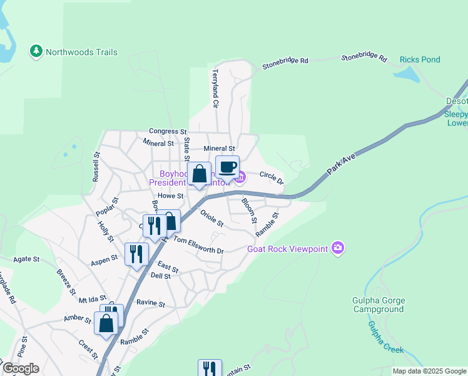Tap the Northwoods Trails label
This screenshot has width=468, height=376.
tap(82, 53)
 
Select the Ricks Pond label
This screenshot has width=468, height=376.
tap(420, 60)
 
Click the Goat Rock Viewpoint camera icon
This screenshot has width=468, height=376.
tap(338, 248)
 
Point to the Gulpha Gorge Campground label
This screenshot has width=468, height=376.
tap(379, 305)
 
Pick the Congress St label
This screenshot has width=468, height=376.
tap(168, 132)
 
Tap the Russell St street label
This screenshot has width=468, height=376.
tap(96, 167)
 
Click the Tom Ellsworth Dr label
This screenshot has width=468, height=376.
tap(198, 245)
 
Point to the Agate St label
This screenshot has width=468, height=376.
tap(27, 258)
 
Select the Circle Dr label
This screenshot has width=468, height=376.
tap(272, 177)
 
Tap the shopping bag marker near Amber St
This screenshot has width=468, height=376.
tap(106, 323)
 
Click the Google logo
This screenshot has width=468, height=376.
tap(20, 369)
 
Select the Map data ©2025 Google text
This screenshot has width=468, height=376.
tap(429, 371)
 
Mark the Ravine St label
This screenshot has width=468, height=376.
tap(151, 304)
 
